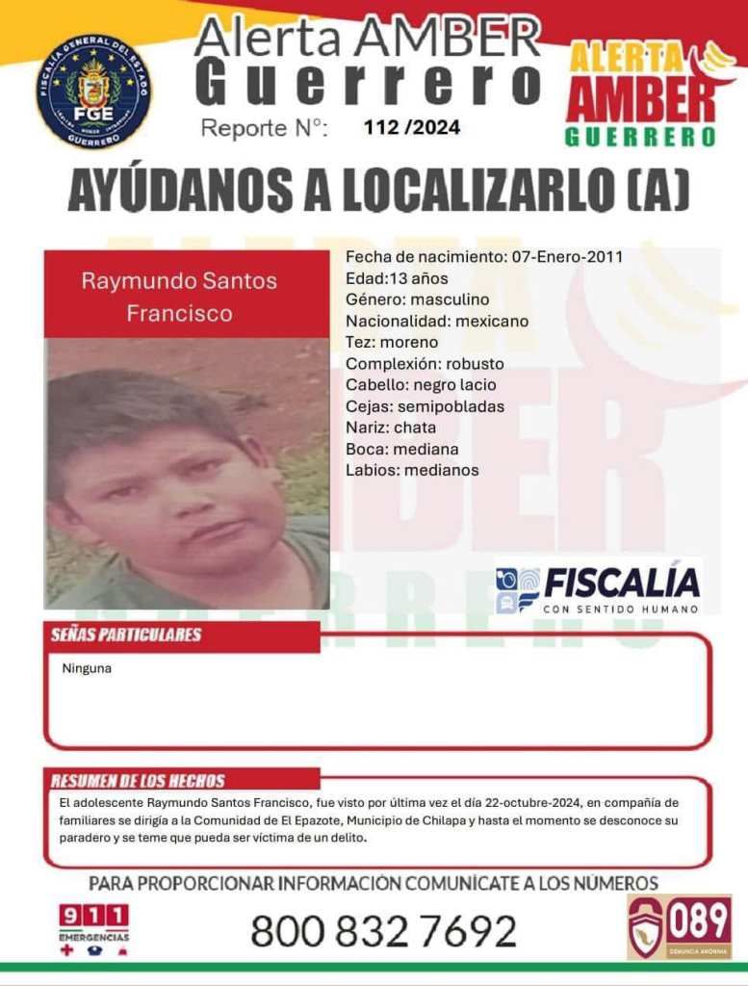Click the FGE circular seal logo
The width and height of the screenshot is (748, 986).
(x=94, y=91)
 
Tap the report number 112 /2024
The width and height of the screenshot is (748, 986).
(x=411, y=127)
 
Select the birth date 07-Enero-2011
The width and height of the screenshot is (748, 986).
(x=567, y=257)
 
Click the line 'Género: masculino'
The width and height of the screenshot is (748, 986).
(x=417, y=299)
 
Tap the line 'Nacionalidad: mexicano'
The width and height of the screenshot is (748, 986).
(x=437, y=321)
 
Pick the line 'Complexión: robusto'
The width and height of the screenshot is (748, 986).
(x=425, y=364)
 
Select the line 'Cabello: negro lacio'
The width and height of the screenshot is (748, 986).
(x=421, y=385)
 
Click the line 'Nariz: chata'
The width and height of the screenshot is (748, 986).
(x=391, y=428)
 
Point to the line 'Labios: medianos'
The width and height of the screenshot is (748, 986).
(x=412, y=470)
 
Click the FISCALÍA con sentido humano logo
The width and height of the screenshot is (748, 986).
(x=598, y=586)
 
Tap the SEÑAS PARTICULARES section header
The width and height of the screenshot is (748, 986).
(x=126, y=635)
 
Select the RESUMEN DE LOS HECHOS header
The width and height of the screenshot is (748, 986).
(x=138, y=781)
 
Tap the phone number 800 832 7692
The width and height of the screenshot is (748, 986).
(x=383, y=930)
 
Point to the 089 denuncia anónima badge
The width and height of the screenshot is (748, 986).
(x=679, y=926)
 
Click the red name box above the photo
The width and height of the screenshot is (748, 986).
(x=187, y=296)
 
